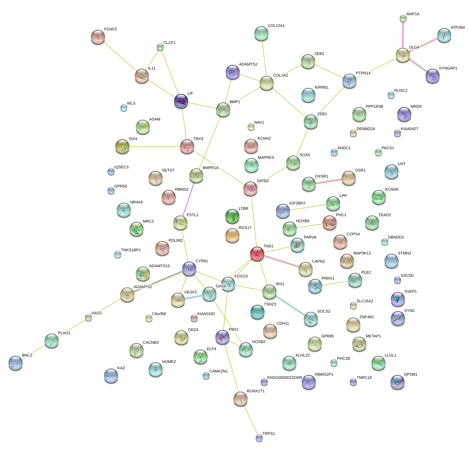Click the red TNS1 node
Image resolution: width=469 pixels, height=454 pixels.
tap(257, 254)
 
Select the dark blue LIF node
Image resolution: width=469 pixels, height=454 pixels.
tap(181, 101)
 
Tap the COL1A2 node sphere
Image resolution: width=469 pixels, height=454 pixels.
tap(267, 83)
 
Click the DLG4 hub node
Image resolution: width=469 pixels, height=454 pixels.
tap(403, 55)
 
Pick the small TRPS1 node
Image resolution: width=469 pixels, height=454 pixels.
tap(259, 438)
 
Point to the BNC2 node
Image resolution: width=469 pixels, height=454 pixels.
tap(16, 363)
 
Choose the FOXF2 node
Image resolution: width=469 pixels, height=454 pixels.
tap(98, 37)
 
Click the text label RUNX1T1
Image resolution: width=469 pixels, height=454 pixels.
tap(255, 391)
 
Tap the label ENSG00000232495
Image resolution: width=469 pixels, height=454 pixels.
tap(285, 378)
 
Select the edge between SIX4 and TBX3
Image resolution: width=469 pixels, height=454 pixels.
tap(155, 146)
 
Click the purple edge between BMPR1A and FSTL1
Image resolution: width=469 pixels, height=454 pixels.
tap(189, 198)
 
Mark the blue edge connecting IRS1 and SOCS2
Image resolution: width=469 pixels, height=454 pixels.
tap(290, 305)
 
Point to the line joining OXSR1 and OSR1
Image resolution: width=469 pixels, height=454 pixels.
tap(329, 181)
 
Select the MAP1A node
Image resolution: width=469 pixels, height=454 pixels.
tap(403, 18)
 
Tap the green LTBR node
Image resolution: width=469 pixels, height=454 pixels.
tap(232, 216)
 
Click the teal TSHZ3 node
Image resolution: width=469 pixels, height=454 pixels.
tap(257, 312)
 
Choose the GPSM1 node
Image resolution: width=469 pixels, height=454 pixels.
tap(397, 382)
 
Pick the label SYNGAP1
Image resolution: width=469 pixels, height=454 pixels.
tap(448, 68)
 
